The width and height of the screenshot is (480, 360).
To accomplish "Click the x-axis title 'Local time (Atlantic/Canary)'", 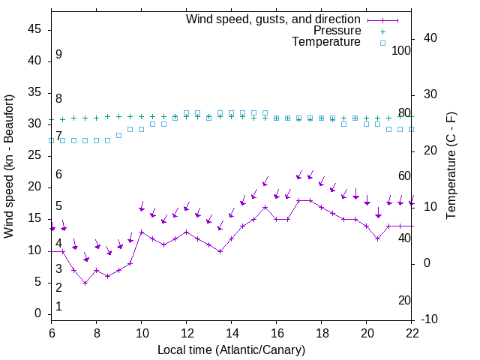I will [231, 349].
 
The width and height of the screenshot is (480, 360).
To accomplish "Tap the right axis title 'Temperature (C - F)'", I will [451, 166].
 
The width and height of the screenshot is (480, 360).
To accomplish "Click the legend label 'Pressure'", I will [337, 31].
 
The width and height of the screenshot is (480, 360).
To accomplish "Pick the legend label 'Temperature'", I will [326, 42].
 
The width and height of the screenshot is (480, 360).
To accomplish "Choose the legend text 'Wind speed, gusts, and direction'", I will [274, 19].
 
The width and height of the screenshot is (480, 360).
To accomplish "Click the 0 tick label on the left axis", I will [39, 313].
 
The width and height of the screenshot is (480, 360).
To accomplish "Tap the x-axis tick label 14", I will [232, 332].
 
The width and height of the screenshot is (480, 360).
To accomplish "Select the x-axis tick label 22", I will [412, 332].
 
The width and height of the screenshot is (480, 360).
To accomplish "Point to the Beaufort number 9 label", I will [58, 55].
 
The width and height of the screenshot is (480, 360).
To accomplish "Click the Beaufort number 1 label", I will [58, 306].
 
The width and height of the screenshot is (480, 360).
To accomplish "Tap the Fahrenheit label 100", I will [401, 50].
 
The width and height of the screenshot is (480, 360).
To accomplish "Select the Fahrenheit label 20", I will [404, 300].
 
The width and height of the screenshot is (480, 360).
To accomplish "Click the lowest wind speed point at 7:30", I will [85, 283].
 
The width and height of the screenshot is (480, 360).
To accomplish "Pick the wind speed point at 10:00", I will [142, 232].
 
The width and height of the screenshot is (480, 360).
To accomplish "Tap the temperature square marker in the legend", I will [382, 43].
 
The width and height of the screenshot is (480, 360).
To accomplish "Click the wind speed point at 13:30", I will [220, 251].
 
